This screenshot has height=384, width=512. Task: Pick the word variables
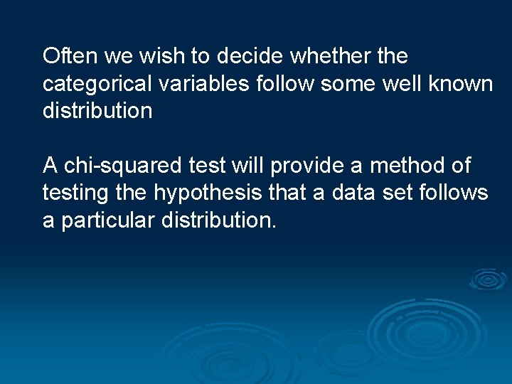pos(203,84)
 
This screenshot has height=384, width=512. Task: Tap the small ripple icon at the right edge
pos(488,279)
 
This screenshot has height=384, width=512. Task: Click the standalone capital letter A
pos(50,166)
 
